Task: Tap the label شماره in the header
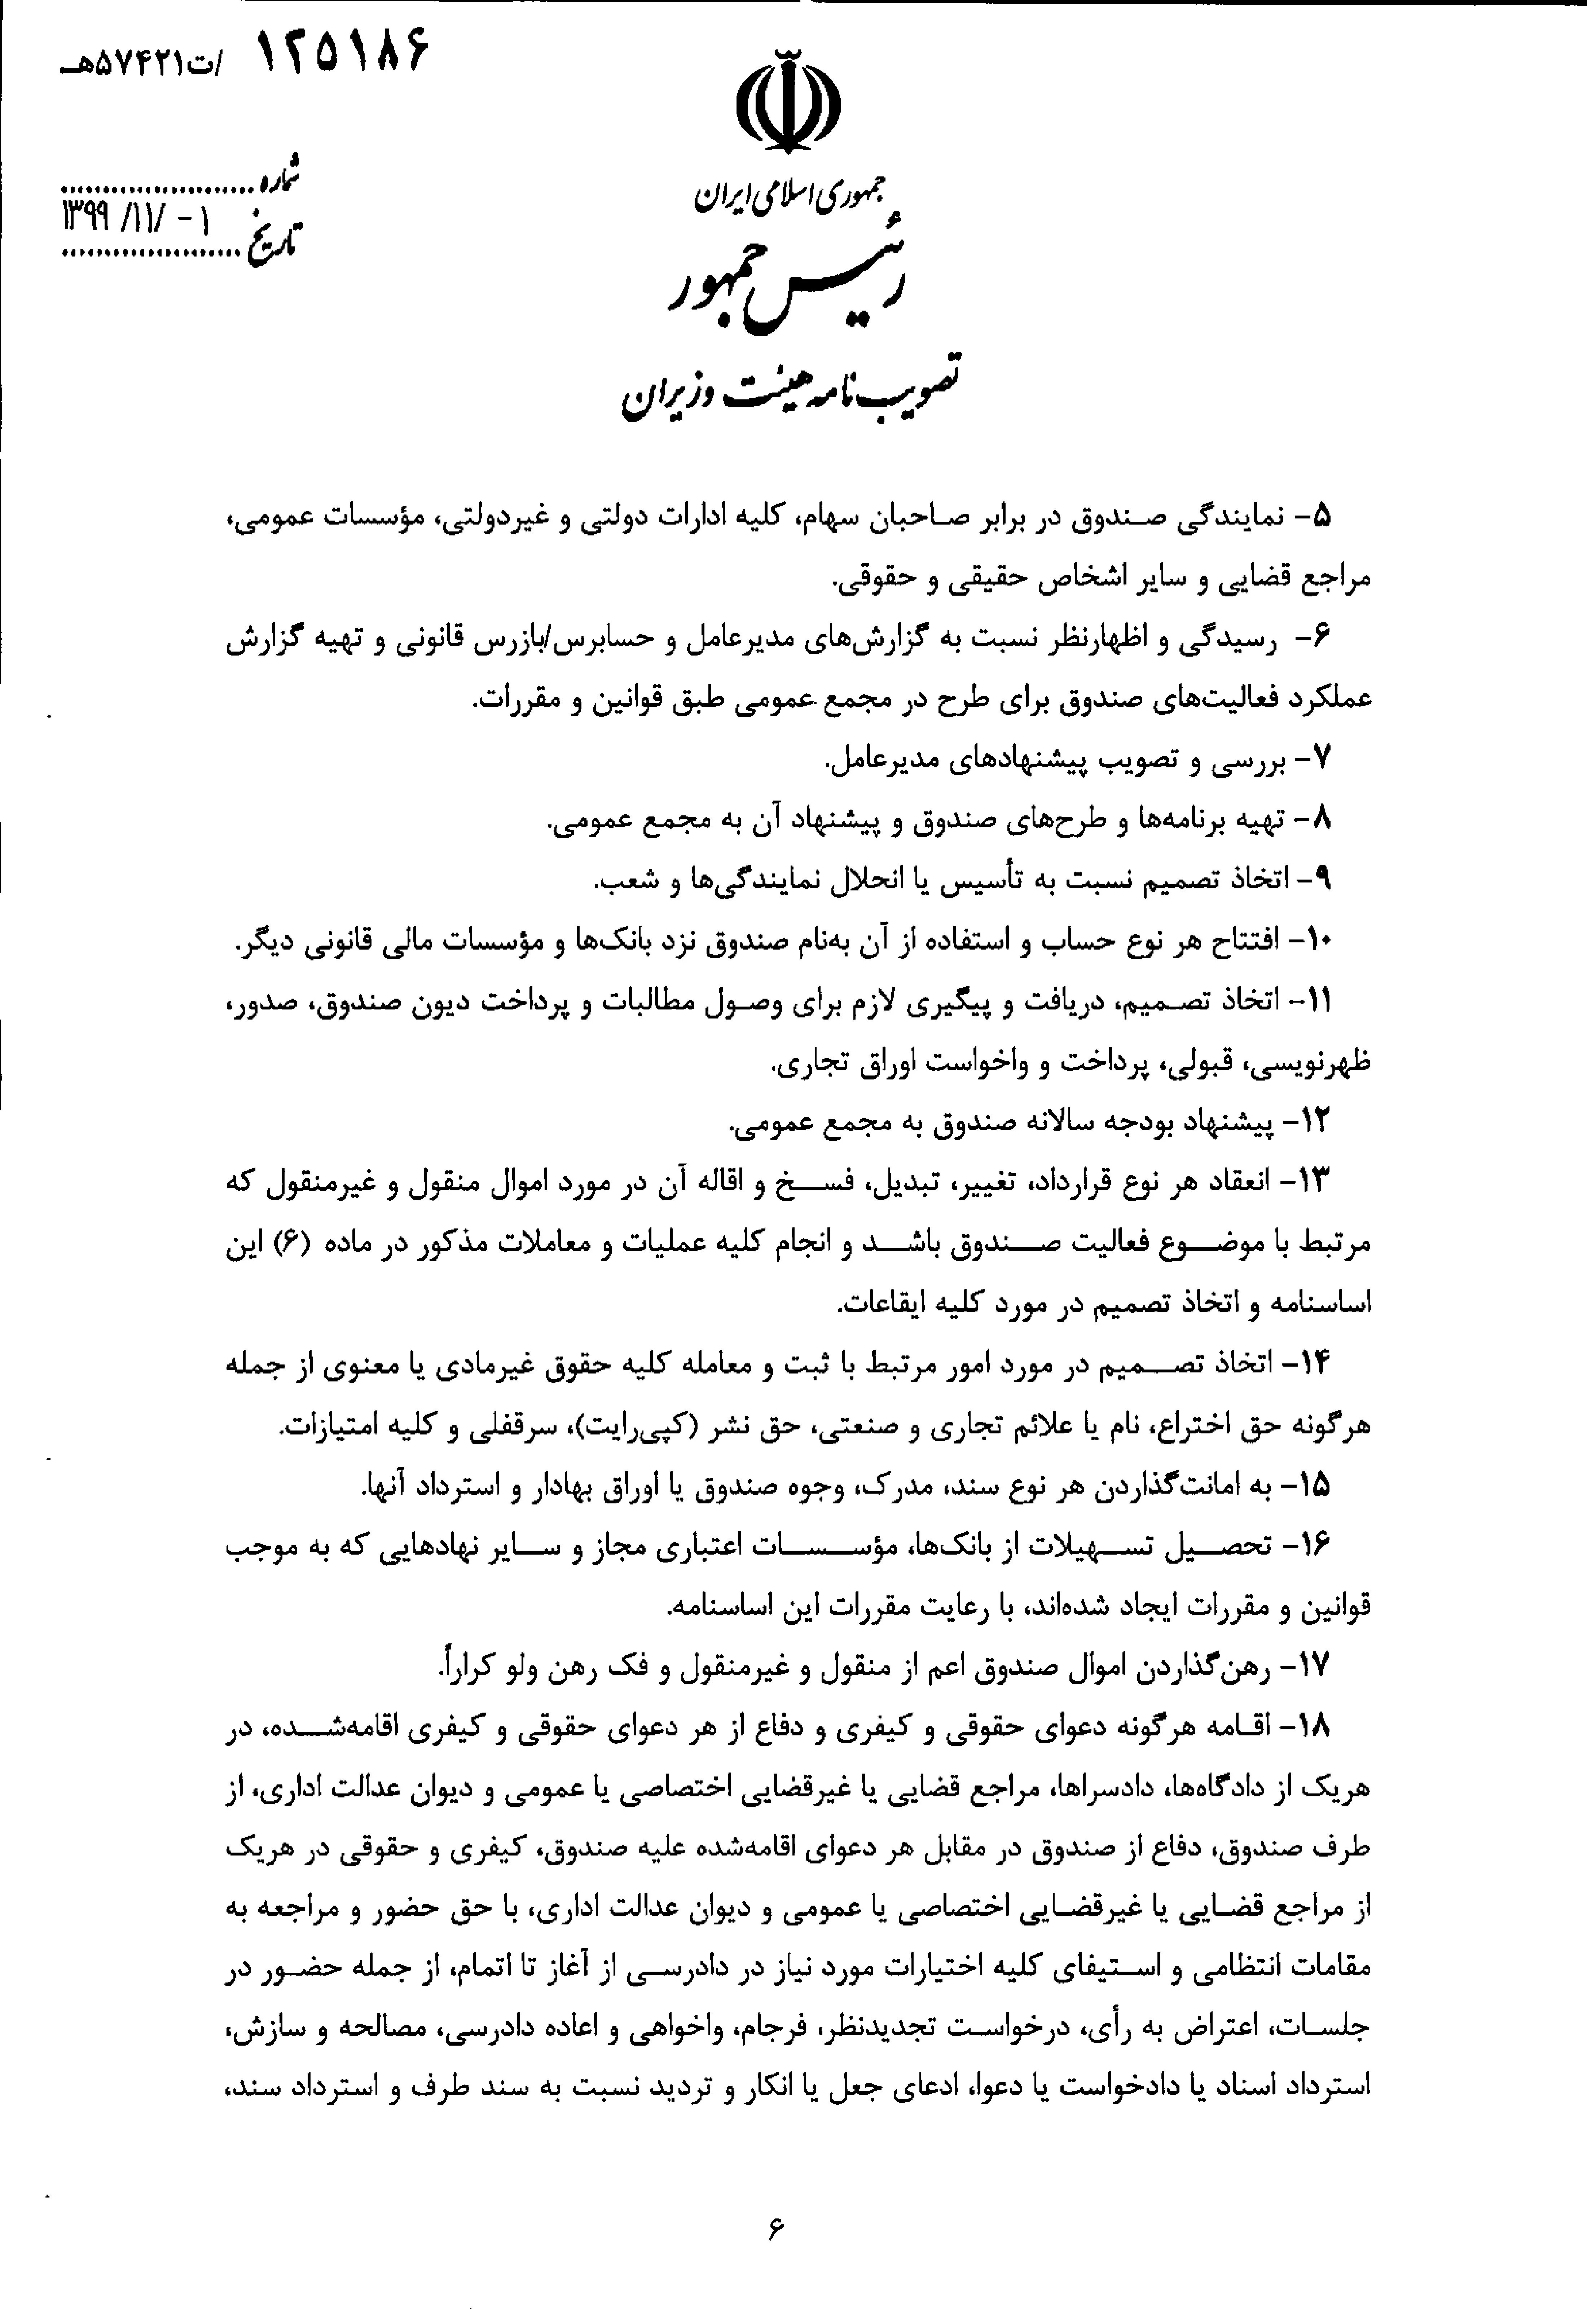(x=281, y=179)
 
